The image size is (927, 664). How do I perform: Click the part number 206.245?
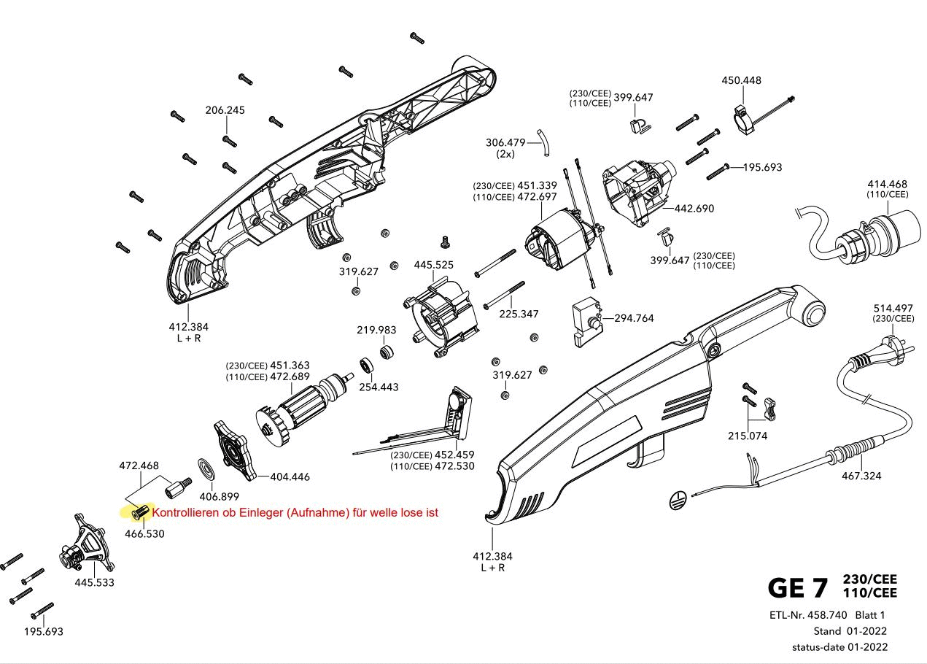pyautogui.click(x=225, y=110)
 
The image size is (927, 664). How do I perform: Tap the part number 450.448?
pyautogui.click(x=741, y=80)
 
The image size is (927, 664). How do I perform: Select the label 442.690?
pyautogui.click(x=694, y=209)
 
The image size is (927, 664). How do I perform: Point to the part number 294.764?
pyautogui.click(x=634, y=318)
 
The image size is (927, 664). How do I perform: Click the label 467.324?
pyautogui.click(x=861, y=476)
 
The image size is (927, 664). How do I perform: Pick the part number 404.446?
pyautogui.click(x=290, y=477)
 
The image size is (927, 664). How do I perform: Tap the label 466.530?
pyautogui.click(x=144, y=533)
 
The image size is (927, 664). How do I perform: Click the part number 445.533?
pyautogui.click(x=94, y=582)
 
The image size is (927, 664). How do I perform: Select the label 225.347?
pyautogui.click(x=519, y=314)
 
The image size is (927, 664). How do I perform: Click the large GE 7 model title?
pyautogui.click(x=798, y=587)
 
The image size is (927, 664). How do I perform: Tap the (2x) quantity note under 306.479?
pyautogui.click(x=505, y=155)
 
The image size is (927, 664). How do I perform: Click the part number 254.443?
pyautogui.click(x=379, y=387)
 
